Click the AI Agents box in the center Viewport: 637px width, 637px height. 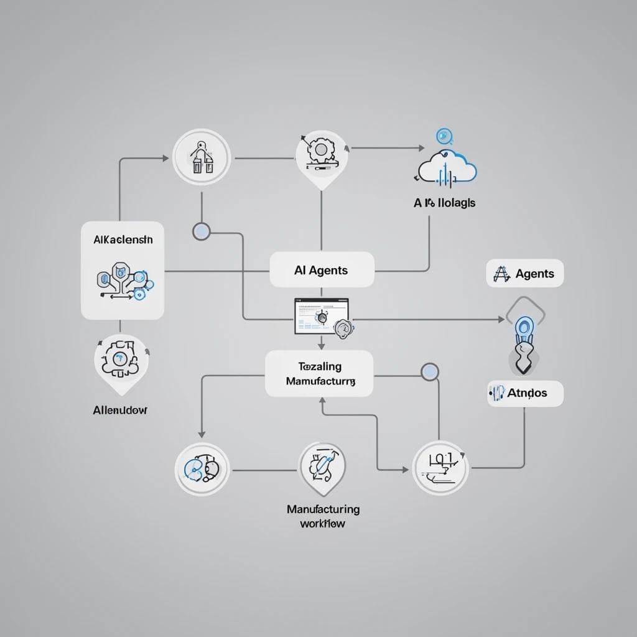pyautogui.click(x=322, y=270)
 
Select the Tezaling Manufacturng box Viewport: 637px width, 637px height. pyautogui.click(x=319, y=374)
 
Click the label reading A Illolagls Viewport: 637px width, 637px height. pyautogui.click(x=444, y=203)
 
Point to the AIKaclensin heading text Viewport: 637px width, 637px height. pyautogui.click(x=122, y=239)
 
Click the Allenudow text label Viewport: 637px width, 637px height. pyautogui.click(x=120, y=410)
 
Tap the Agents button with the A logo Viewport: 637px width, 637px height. pyautogui.click(x=524, y=274)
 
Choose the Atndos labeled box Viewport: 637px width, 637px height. pyautogui.click(x=525, y=393)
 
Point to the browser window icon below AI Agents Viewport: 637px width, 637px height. pyautogui.click(x=322, y=316)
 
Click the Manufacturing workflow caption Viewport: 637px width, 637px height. pyautogui.click(x=323, y=516)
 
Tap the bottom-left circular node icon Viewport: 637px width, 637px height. pyautogui.click(x=202, y=468)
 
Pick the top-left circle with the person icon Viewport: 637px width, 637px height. pyautogui.click(x=202, y=157)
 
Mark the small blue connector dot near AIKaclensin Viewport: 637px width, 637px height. pyautogui.click(x=202, y=232)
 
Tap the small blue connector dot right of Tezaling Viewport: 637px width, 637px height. pyautogui.click(x=429, y=372)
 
